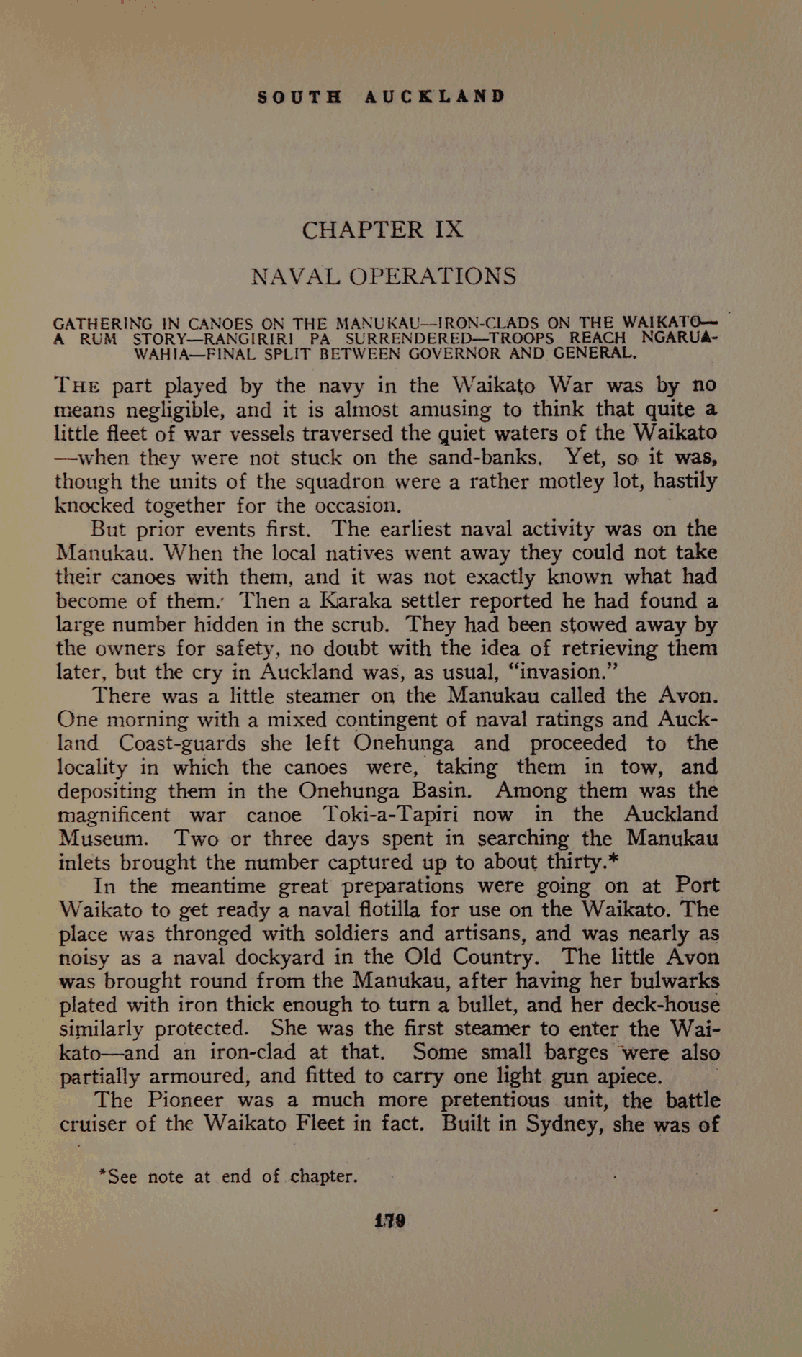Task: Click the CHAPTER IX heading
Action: [x=382, y=230]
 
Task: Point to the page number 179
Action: [x=389, y=1221]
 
